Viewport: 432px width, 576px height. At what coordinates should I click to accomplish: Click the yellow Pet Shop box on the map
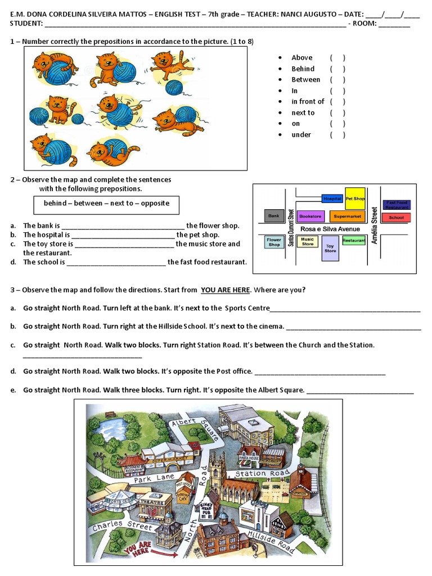pyautogui.click(x=355, y=199)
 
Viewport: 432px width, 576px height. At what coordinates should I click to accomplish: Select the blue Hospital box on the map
pyautogui.click(x=332, y=199)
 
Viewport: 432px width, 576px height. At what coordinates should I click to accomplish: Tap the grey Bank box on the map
pyautogui.click(x=274, y=215)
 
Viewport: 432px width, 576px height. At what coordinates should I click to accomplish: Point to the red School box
pyautogui.click(x=396, y=217)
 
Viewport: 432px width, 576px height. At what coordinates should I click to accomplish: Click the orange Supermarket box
pyautogui.click(x=347, y=216)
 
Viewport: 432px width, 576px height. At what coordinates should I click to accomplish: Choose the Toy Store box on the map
pyautogui.click(x=330, y=248)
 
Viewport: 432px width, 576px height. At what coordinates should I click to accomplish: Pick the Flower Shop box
pyautogui.click(x=274, y=242)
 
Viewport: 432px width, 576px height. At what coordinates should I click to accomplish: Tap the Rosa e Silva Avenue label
pyautogui.click(x=330, y=229)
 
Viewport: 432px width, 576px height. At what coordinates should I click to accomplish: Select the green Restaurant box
pyautogui.click(x=354, y=241)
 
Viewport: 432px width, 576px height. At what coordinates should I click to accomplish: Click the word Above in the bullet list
pyautogui.click(x=301, y=57)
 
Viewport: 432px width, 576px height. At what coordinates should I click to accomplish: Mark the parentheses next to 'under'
pyautogui.click(x=337, y=134)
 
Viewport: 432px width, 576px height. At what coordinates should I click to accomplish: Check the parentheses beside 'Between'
pyautogui.click(x=337, y=79)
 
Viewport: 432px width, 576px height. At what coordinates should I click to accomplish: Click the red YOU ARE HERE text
pyautogui.click(x=137, y=548)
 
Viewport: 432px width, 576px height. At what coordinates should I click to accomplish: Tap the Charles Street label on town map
pyautogui.click(x=122, y=526)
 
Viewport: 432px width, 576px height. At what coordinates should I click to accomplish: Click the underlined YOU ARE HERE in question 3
pyautogui.click(x=225, y=290)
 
